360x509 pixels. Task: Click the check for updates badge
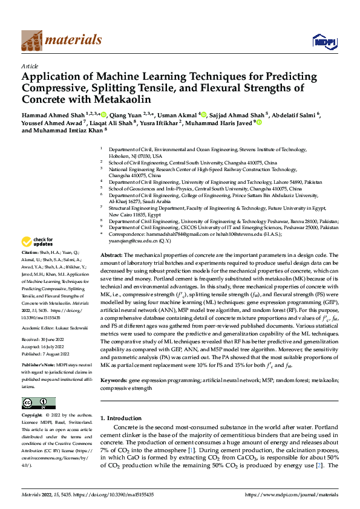point(39,241)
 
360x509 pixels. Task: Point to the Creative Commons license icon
point(38,403)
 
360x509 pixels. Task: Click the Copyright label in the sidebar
point(32,416)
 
